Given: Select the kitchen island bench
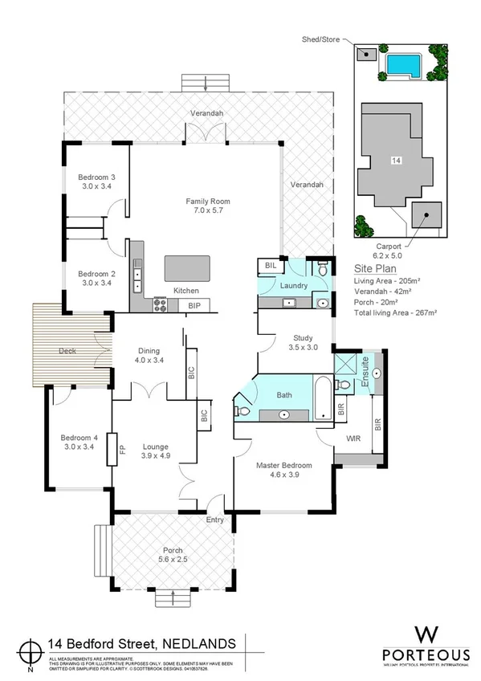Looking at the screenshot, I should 187,267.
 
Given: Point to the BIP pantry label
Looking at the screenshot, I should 194,306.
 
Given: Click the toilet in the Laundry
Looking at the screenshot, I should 321,271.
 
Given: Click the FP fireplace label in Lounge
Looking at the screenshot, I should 123,449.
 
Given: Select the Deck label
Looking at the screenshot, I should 67,351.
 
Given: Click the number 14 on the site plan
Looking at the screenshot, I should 395,161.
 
